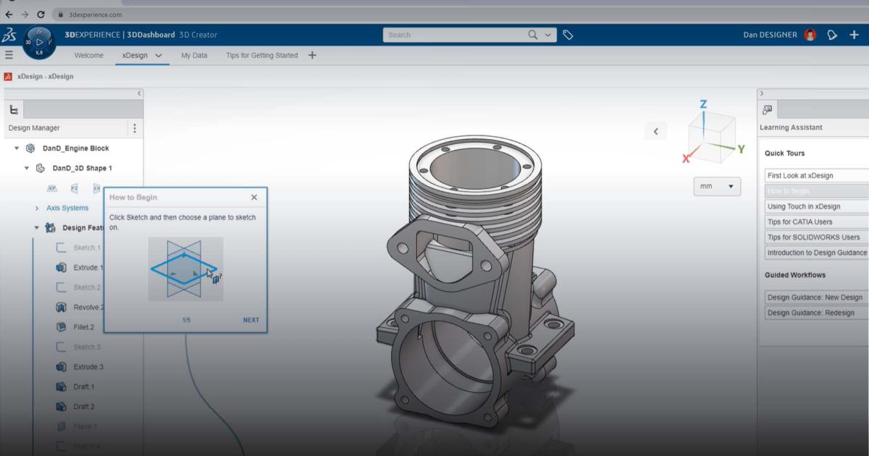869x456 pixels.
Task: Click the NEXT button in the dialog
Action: tap(251, 320)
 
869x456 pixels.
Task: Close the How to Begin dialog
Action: tap(253, 197)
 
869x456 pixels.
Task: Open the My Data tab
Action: tap(194, 55)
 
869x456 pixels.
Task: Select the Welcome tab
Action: tap(88, 55)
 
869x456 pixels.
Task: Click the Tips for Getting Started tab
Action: tap(261, 55)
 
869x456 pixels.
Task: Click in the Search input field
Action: tap(453, 35)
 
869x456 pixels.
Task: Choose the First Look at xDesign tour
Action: tap(799, 175)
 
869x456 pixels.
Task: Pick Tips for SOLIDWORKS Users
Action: tap(813, 237)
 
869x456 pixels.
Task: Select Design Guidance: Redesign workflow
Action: tap(810, 313)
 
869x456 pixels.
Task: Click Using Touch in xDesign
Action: tap(803, 206)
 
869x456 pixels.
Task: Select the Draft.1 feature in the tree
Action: tap(83, 387)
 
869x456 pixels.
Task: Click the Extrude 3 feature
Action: tap(88, 367)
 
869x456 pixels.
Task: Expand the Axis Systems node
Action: tap(37, 208)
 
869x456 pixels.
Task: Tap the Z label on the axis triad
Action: tap(703, 105)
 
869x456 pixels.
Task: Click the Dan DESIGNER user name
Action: tap(770, 35)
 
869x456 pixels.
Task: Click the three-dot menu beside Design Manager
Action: tap(134, 128)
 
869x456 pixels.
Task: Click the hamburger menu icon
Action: tap(9, 55)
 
